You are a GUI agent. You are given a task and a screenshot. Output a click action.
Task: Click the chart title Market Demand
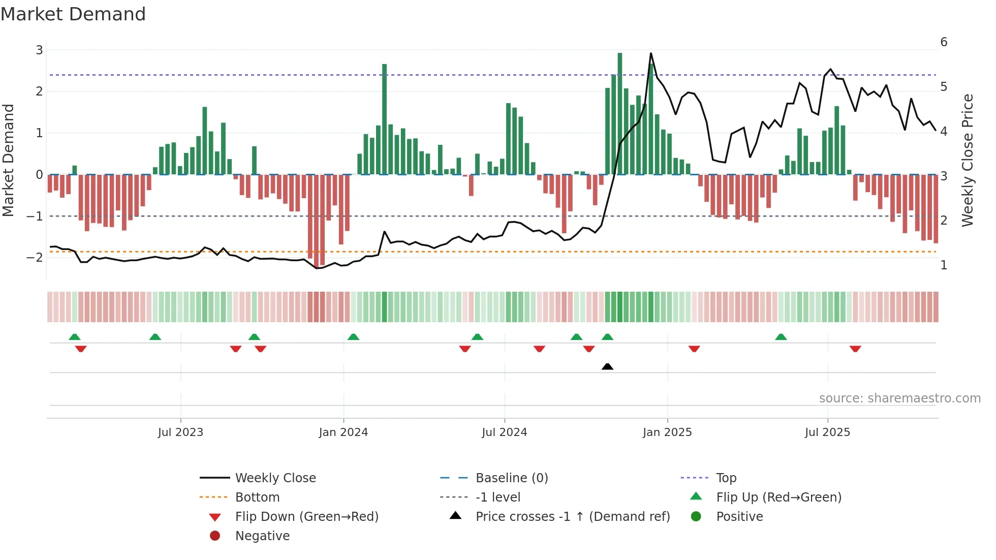click(x=73, y=14)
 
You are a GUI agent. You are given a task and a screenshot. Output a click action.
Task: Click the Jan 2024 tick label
click(x=343, y=432)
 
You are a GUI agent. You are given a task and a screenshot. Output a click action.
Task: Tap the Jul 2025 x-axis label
click(x=827, y=432)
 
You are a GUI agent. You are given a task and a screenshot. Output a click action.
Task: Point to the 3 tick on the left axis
click(x=39, y=50)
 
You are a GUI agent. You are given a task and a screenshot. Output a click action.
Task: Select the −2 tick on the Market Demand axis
click(x=35, y=258)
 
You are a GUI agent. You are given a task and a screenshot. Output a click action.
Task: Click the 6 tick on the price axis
click(x=944, y=42)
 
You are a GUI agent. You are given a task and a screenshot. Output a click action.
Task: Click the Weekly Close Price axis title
click(x=968, y=160)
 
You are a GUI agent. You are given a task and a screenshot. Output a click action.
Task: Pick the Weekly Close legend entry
click(x=275, y=478)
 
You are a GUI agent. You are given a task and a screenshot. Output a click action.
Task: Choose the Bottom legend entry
click(x=257, y=497)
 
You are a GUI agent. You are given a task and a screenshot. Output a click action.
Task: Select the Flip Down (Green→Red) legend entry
click(x=306, y=517)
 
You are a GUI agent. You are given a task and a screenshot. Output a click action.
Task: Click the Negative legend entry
click(x=262, y=536)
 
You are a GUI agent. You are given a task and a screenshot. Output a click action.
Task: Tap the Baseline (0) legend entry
click(x=511, y=478)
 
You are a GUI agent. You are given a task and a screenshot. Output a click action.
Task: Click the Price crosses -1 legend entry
click(x=572, y=517)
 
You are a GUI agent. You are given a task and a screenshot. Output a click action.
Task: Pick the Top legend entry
click(x=726, y=478)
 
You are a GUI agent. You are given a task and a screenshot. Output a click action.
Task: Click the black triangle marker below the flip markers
click(x=607, y=366)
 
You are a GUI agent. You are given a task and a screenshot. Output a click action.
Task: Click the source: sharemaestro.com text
click(x=899, y=398)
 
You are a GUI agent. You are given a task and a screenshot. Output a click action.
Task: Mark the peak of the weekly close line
click(x=650, y=53)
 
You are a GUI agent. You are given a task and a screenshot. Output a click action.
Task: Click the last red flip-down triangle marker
click(x=855, y=349)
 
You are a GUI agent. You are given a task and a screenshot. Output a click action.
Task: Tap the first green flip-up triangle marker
click(x=75, y=337)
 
